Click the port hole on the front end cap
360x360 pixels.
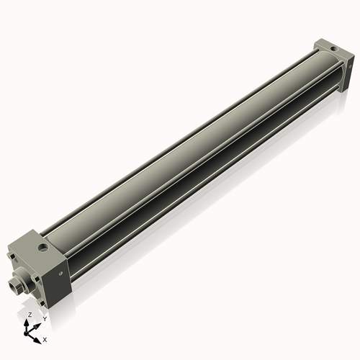click(46, 248)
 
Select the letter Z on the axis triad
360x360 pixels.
click(30, 315)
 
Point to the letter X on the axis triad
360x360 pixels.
click(45, 338)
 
